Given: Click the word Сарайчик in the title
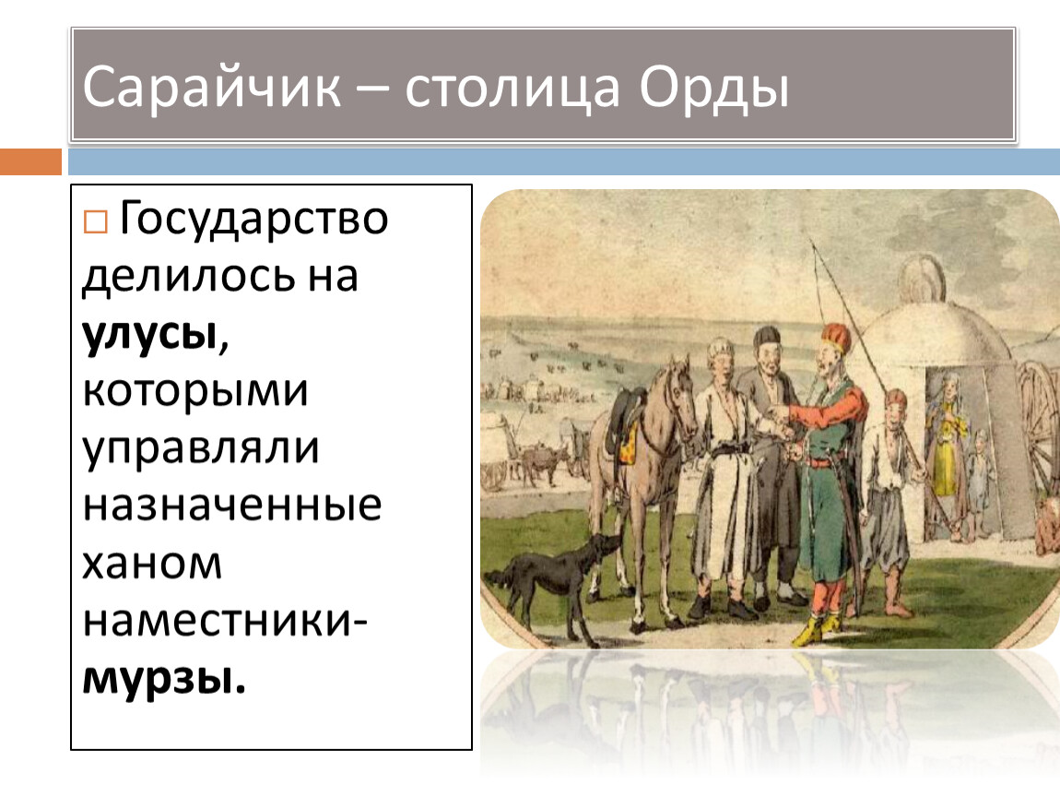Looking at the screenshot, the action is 212,88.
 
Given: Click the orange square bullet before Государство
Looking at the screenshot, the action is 95,221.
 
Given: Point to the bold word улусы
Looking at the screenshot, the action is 150,333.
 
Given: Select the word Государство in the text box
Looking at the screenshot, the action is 253,220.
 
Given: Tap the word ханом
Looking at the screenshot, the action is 152,564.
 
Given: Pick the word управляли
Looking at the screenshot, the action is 201,450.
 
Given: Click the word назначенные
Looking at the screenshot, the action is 232,506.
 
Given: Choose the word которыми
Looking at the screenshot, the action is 195,391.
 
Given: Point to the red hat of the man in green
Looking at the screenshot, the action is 837,337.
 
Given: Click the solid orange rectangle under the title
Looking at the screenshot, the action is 30,162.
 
